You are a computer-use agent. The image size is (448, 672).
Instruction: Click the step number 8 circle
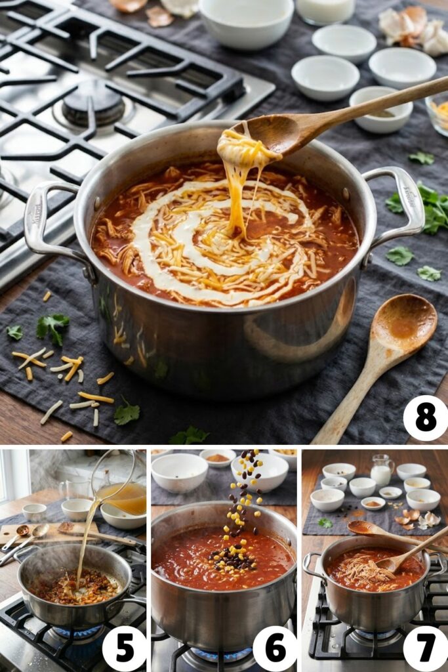(x=425, y=418)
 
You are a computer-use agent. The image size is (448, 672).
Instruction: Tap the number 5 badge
(x=124, y=648)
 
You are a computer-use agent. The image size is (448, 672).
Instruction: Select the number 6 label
(x=274, y=648)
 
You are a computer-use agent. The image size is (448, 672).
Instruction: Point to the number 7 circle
(x=425, y=648)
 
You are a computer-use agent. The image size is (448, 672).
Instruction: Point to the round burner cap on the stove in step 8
(x=93, y=102)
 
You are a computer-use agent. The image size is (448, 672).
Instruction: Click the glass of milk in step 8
(x=325, y=10)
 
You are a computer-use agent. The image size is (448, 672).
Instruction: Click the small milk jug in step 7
(x=381, y=471)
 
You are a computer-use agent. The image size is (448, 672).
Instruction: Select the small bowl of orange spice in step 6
(x=218, y=457)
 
